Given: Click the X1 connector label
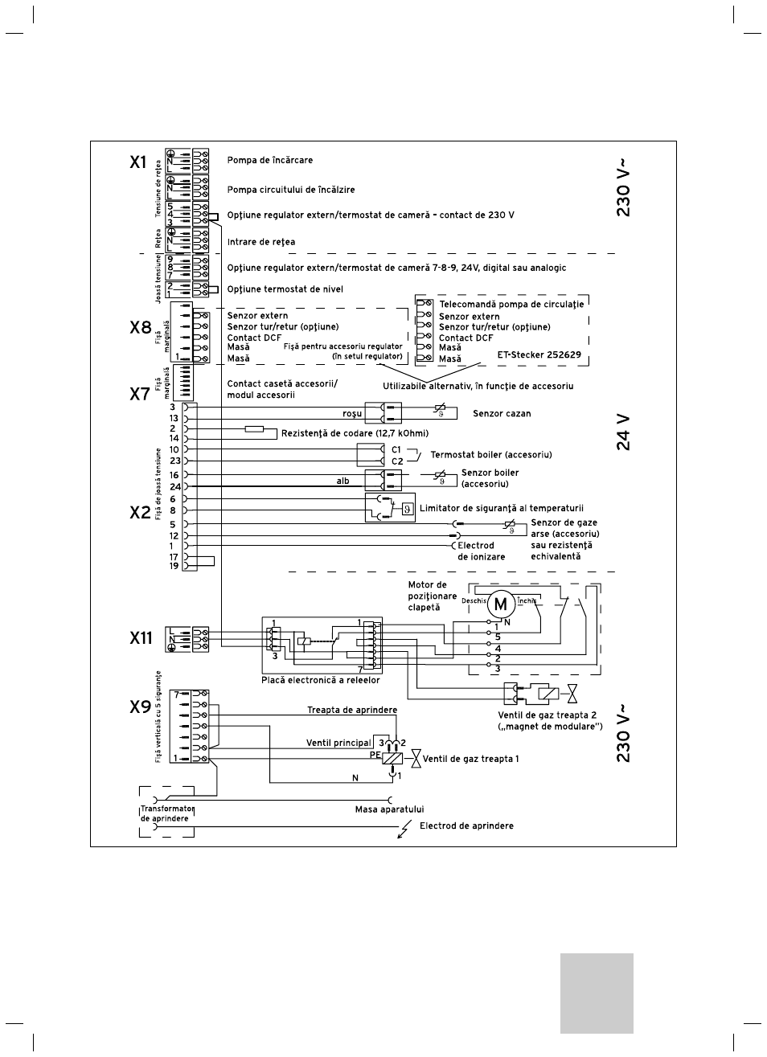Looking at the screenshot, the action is (138, 162).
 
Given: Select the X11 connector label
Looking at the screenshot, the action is (142, 638).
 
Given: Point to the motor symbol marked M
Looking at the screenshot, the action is (500, 604).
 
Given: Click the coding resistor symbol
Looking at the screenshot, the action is (254, 429).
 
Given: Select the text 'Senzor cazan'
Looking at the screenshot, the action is (502, 413).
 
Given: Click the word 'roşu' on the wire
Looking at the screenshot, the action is (352, 414).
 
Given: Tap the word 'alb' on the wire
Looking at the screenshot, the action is (342, 481).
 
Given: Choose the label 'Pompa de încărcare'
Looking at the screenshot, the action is (270, 160).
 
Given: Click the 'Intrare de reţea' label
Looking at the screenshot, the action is (261, 242).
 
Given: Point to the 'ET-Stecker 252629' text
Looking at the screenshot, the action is (539, 354).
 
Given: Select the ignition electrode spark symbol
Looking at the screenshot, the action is (404, 828).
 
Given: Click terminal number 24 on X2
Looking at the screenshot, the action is (175, 486).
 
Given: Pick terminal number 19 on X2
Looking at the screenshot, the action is (174, 566).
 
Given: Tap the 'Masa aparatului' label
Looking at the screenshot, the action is (389, 809).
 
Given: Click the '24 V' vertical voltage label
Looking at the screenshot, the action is (624, 432).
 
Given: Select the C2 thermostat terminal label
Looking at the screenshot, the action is (397, 461).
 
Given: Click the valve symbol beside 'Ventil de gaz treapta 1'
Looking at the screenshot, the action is (416, 759).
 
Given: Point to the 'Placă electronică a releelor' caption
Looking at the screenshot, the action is (321, 680).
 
